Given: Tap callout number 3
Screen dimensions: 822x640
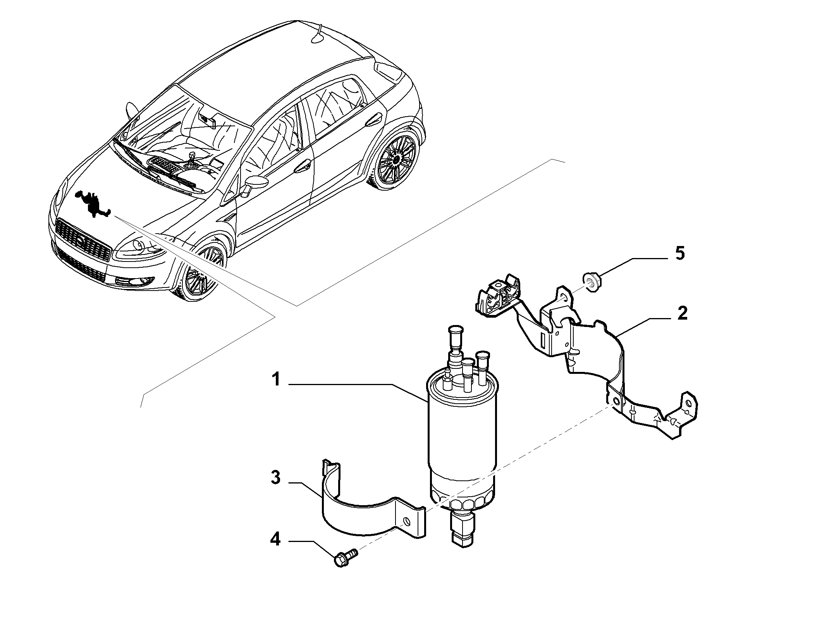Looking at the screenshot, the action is [275, 478].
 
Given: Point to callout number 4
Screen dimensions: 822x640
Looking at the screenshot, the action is [275, 540].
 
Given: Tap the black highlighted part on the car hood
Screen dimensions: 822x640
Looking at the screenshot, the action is [93, 203].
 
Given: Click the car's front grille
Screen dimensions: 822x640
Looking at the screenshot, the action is [83, 238].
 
